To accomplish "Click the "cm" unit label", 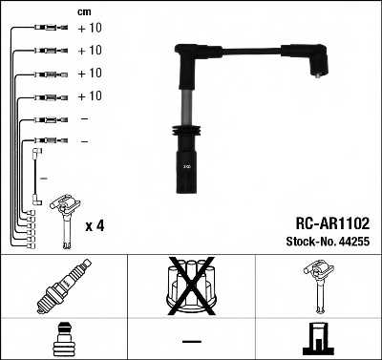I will tap(82, 12).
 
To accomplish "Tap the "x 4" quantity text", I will tap(95, 225).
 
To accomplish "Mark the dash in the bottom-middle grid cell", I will tap(190, 340).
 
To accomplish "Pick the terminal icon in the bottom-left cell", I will tap(63, 338).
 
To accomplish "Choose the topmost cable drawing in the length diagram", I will tap(48, 29).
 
